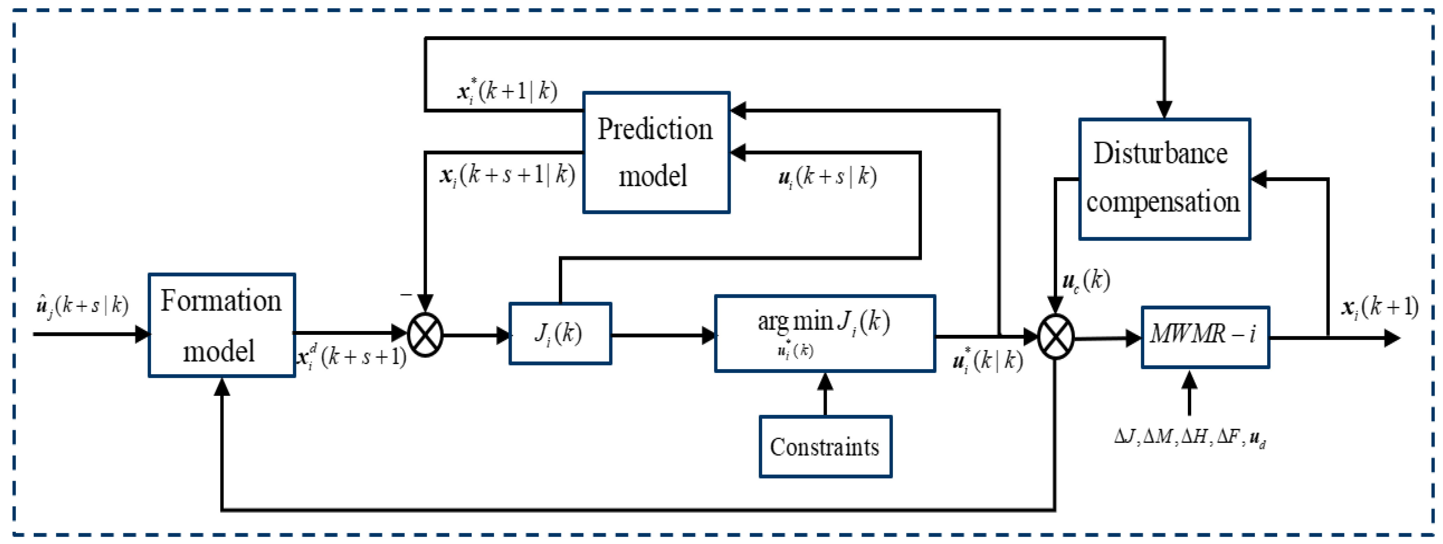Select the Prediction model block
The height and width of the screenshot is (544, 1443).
pyautogui.click(x=656, y=152)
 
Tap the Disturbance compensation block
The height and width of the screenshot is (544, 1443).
pyautogui.click(x=1164, y=179)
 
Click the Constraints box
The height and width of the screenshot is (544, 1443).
pyautogui.click(x=825, y=447)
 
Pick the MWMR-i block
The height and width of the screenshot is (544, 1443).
pyautogui.click(x=1205, y=337)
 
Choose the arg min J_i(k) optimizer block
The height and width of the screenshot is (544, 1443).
pyautogui.click(x=824, y=333)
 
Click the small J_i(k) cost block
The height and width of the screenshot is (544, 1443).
pyautogui.click(x=560, y=333)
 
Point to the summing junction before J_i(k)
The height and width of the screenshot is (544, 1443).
pyautogui.click(x=425, y=335)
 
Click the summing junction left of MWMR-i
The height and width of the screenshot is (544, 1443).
pyautogui.click(x=1055, y=337)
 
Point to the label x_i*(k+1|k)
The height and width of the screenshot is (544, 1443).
pyautogui.click(x=507, y=91)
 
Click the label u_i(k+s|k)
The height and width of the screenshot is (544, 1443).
pyautogui.click(x=827, y=177)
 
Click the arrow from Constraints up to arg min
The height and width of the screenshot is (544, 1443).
pyautogui.click(x=825, y=395)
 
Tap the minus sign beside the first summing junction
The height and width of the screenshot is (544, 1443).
pyautogui.click(x=405, y=294)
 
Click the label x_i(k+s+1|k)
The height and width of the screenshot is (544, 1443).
pyautogui.click(x=507, y=176)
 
